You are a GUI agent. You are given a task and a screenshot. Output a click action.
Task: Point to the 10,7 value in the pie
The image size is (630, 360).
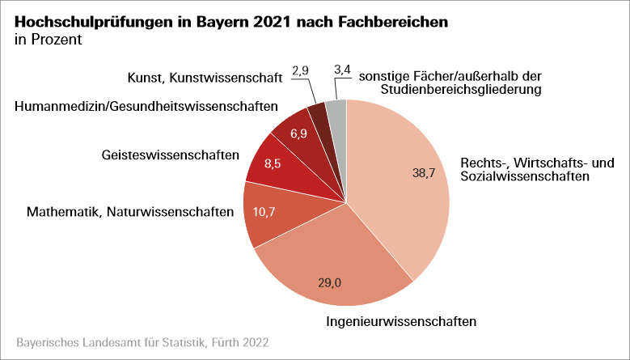[265, 214]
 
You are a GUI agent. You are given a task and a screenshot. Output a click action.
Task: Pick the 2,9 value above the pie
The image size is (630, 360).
[301, 71]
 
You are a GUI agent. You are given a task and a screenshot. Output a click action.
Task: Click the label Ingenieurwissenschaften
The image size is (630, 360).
[401, 321]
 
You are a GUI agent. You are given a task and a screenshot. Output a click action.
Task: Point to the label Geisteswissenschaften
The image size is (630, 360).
[171, 155]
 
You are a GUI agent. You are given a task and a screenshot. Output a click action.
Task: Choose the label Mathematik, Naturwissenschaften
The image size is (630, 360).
[129, 213]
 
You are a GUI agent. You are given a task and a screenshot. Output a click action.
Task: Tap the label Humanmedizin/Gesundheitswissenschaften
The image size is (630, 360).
[146, 106]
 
